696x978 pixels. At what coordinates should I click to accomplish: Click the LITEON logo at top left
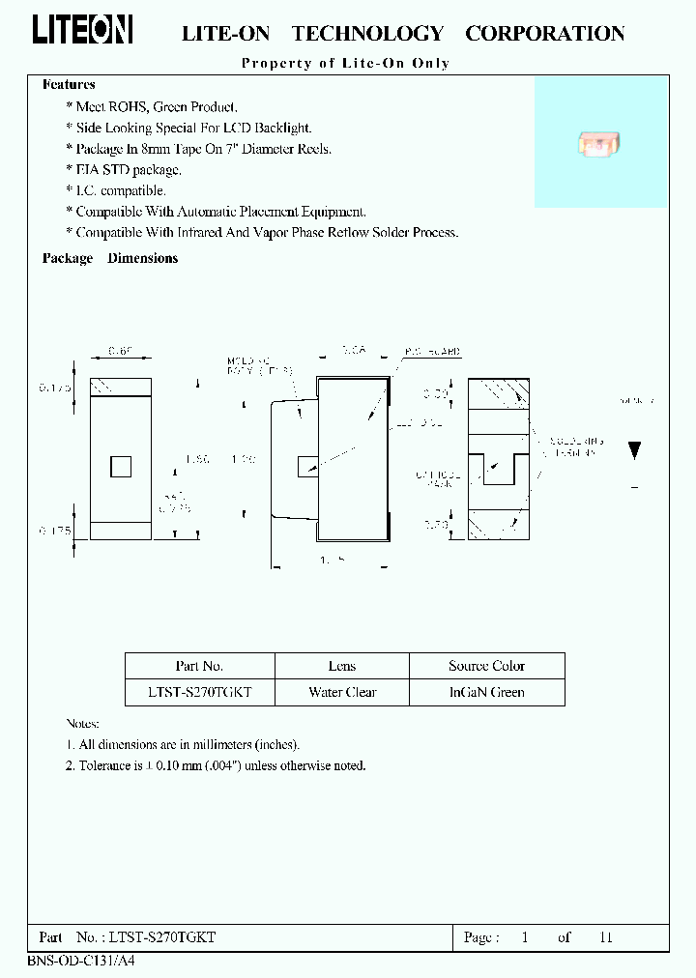[x=82, y=30]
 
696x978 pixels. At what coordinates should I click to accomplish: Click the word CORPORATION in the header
[x=544, y=34]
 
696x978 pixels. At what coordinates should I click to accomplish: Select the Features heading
[x=69, y=85]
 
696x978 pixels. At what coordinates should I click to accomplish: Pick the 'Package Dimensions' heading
[x=110, y=258]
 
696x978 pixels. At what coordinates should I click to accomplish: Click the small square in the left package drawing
[x=121, y=468]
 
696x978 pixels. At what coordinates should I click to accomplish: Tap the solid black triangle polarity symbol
[x=634, y=449]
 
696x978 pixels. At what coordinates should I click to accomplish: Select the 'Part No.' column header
[x=199, y=666]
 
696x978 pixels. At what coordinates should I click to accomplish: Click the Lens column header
[x=342, y=666]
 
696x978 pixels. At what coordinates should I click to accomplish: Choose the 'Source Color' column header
[x=486, y=666]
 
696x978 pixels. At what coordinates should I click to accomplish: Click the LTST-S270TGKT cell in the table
[x=199, y=692]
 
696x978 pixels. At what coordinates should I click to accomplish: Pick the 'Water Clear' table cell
[x=342, y=692]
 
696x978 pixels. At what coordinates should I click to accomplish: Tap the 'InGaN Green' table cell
[x=486, y=692]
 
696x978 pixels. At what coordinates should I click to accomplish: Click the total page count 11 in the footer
[x=606, y=937]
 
